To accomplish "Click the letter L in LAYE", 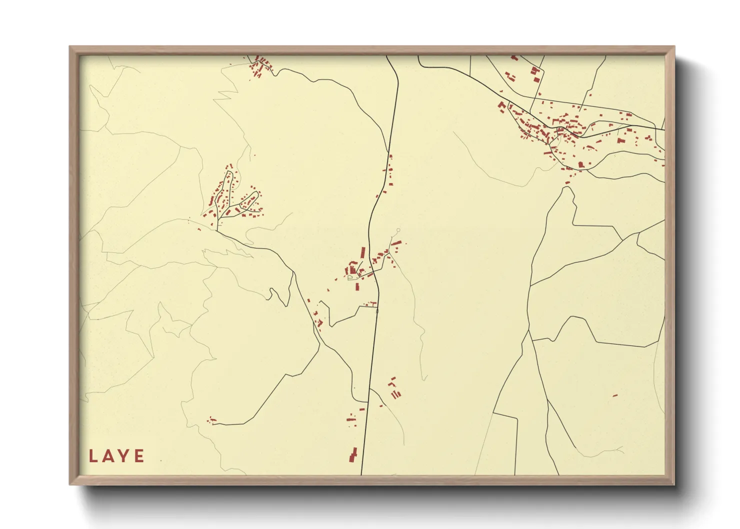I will click(92, 456).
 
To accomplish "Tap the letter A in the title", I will click(107, 456).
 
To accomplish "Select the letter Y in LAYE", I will click(123, 456).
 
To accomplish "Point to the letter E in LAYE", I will click(138, 456).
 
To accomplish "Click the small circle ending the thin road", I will click(398, 230).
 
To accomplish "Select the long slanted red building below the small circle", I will click(396, 243).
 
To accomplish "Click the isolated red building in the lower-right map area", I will click(615, 395).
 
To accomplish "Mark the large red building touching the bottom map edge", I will click(353, 455).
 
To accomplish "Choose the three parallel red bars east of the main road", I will click(396, 394).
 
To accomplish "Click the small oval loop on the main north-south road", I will click(377, 311).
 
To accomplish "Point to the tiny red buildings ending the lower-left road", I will click(211, 420).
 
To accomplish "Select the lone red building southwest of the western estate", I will click(199, 229).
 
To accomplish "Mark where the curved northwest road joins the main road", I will click(389, 151).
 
